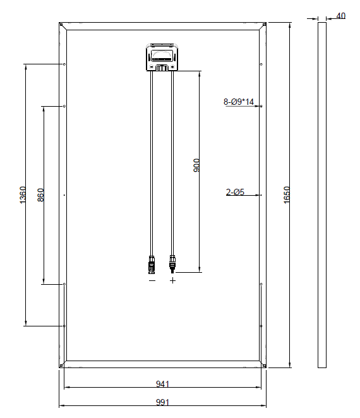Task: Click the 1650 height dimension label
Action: pyautogui.click(x=286, y=195)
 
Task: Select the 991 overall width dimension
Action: pyautogui.click(x=162, y=402)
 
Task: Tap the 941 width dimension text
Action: pyautogui.click(x=162, y=384)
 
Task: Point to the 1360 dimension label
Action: pyautogui.click(x=23, y=195)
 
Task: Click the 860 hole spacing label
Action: pyautogui.click(x=40, y=195)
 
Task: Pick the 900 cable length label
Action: pyautogui.click(x=196, y=165)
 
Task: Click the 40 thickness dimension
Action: pyautogui.click(x=340, y=16)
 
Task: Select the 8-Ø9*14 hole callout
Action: pyautogui.click(x=239, y=102)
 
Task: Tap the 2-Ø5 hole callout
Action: pyautogui.click(x=235, y=192)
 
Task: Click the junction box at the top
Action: pyautogui.click(x=162, y=57)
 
